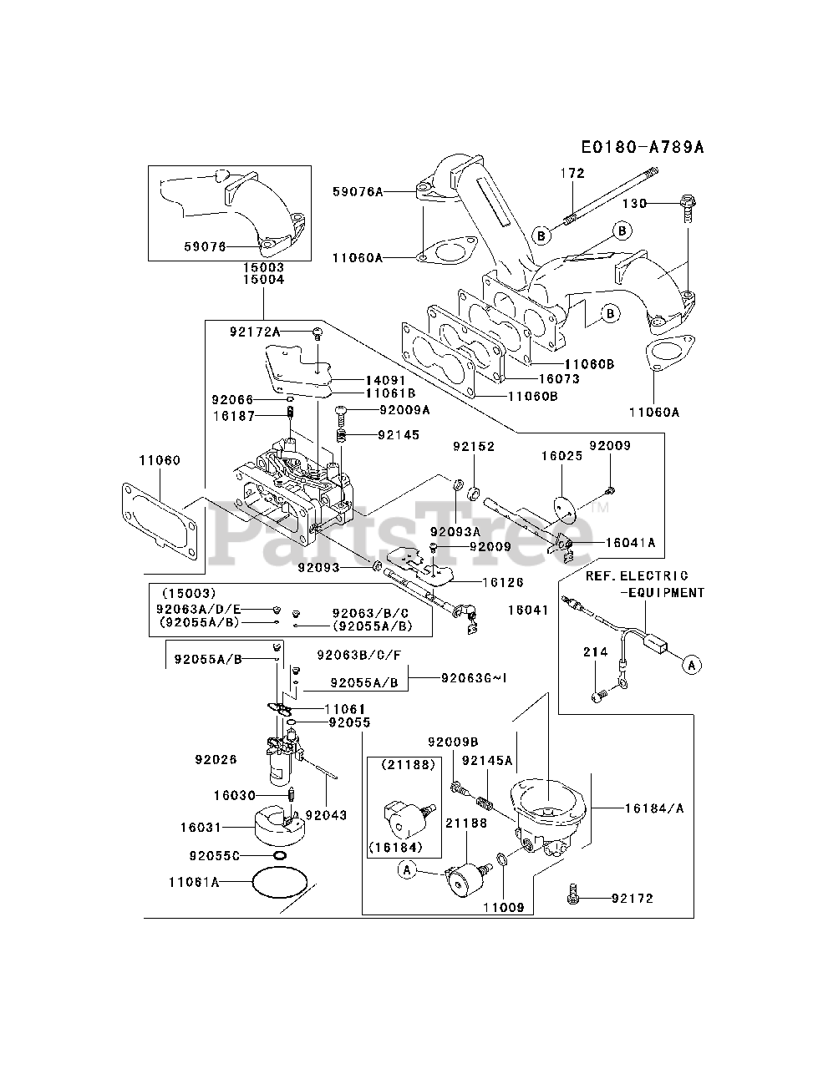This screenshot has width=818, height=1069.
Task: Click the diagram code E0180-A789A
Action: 643,147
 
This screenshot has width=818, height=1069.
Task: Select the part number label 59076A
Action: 358,192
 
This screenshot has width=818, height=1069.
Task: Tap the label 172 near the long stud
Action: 572,173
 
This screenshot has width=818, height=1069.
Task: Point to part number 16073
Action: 559,379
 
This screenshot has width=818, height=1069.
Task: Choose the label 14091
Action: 385,380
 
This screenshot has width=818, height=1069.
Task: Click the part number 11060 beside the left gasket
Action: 160,459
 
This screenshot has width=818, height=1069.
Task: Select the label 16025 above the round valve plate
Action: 561,456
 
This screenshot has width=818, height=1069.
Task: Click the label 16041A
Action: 631,543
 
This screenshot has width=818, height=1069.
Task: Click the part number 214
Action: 596,651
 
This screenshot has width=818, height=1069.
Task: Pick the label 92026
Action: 216,759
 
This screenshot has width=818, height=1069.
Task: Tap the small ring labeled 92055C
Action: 280,855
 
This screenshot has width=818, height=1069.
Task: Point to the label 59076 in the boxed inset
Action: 205,246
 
